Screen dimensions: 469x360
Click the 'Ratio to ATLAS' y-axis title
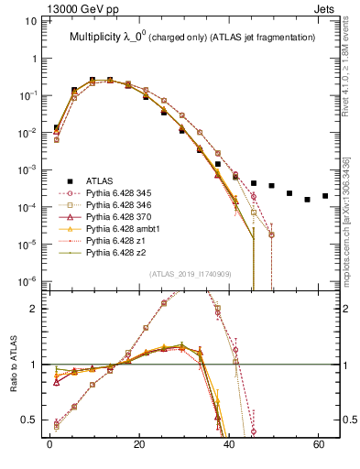point(15,385)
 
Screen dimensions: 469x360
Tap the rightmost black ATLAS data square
point(325,195)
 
